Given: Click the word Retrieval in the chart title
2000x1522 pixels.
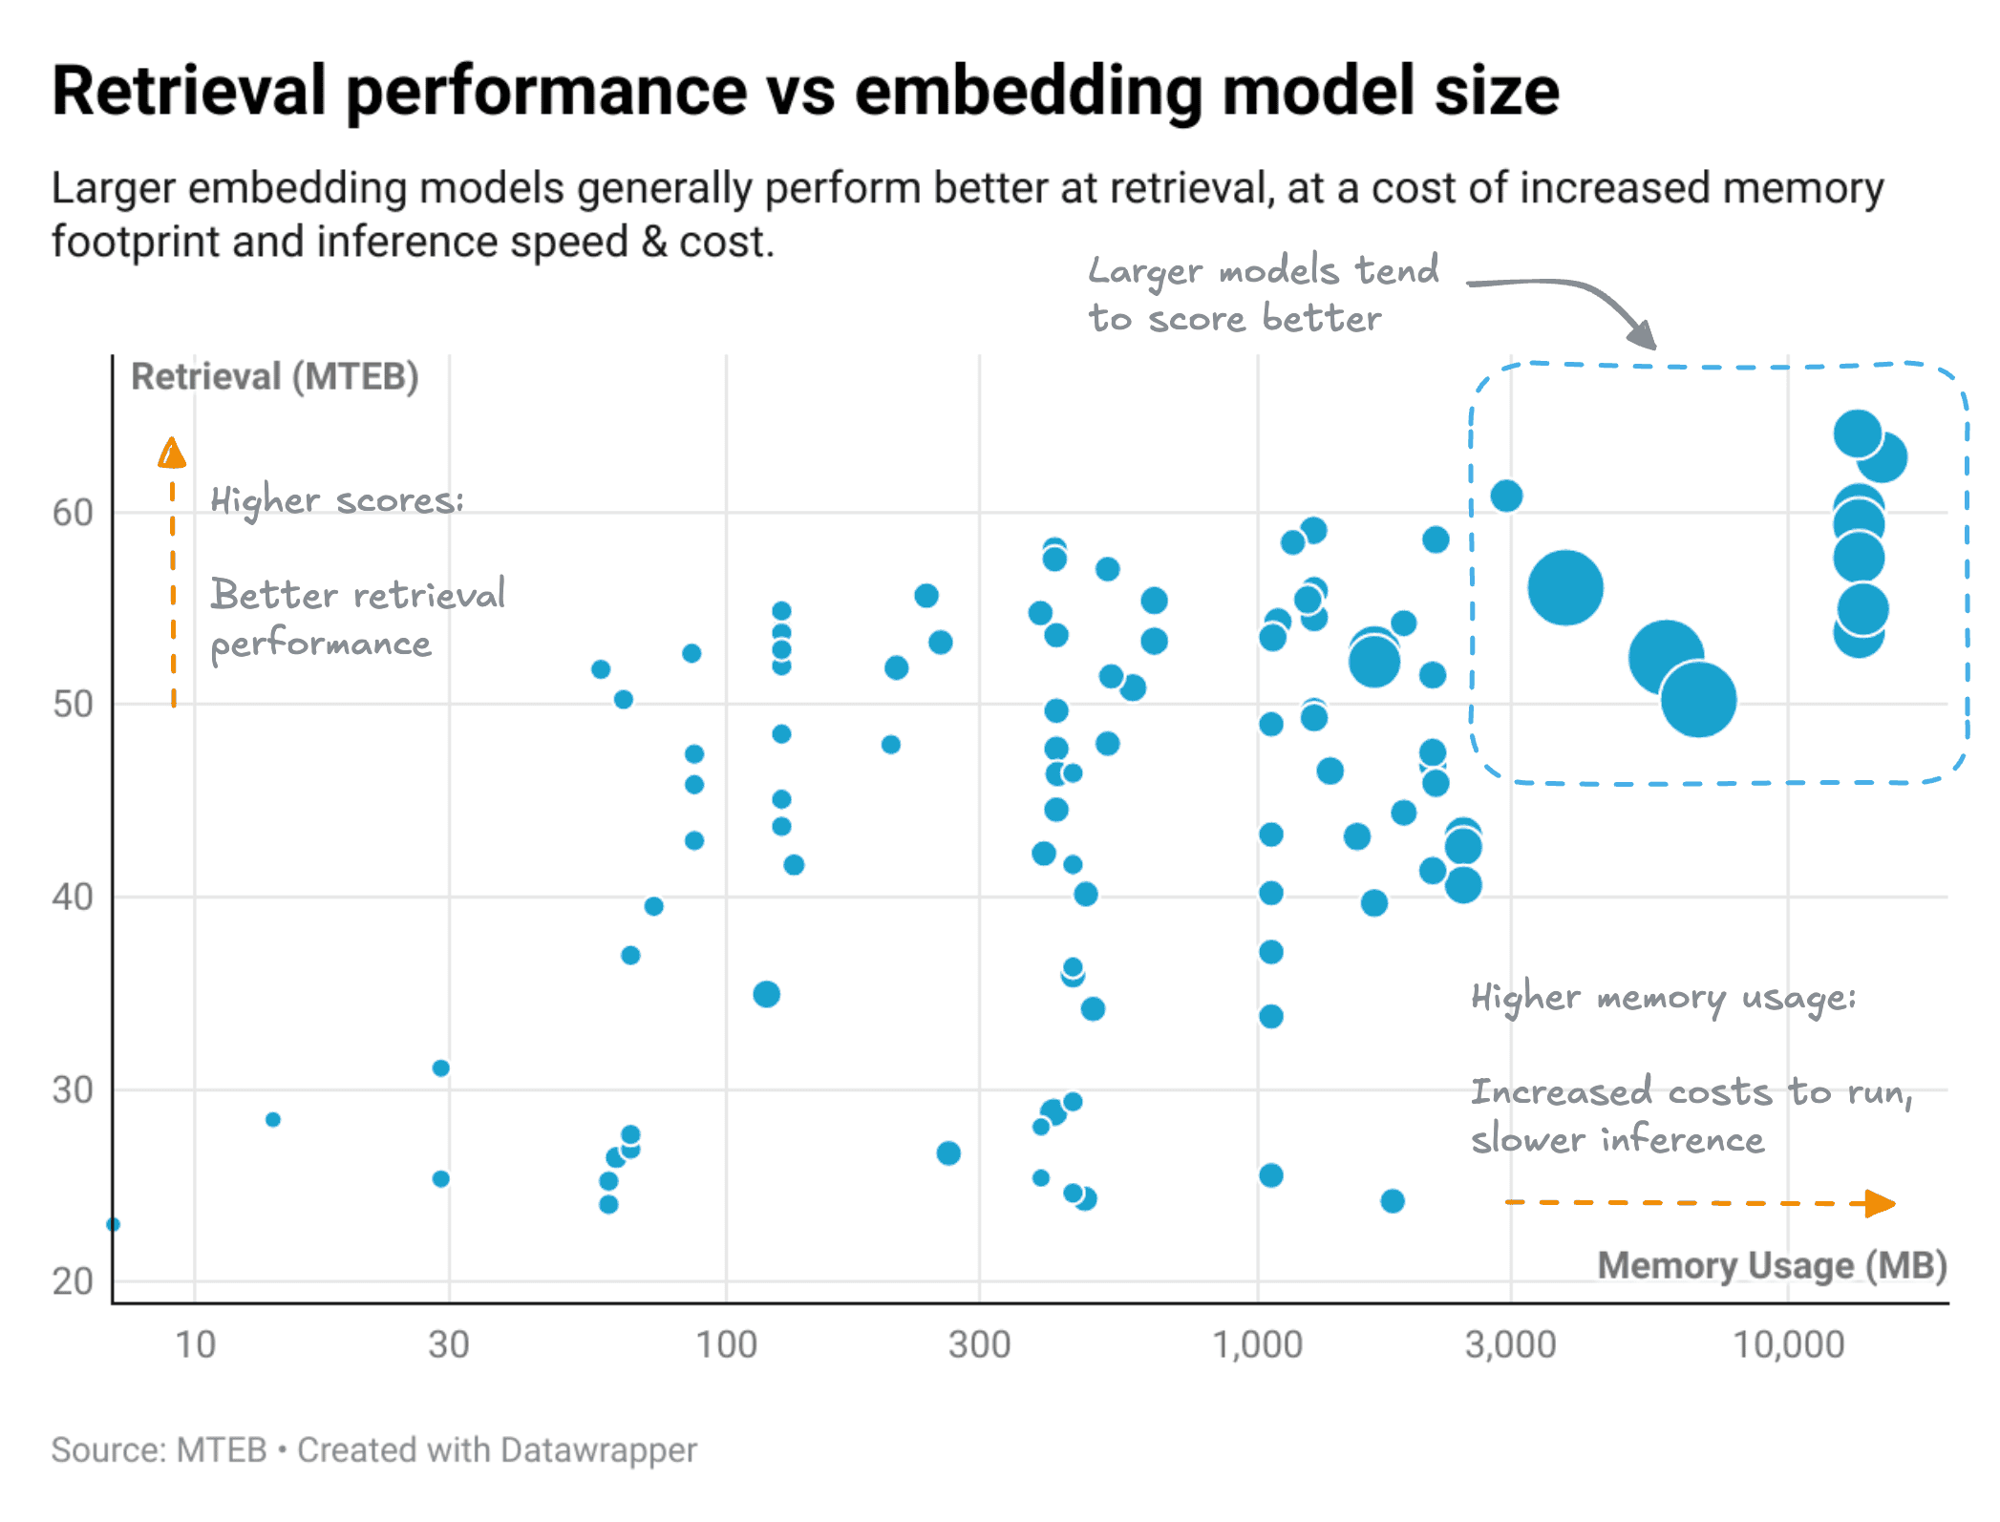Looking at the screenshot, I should pyautogui.click(x=189, y=92).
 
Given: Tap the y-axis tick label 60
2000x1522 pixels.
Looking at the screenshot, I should pyautogui.click(x=73, y=513).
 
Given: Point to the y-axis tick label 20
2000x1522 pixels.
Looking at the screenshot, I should pyautogui.click(x=73, y=1281).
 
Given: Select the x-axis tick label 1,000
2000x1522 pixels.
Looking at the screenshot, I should pyautogui.click(x=1257, y=1344).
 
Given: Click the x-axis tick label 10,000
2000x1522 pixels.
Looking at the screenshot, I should pyautogui.click(x=1788, y=1344).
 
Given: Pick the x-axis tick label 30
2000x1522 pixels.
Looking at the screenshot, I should pyautogui.click(x=448, y=1344).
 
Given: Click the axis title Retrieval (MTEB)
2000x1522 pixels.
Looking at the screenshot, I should pyautogui.click(x=275, y=377).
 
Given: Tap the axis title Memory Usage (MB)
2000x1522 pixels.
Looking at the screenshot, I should pyautogui.click(x=1772, y=1266).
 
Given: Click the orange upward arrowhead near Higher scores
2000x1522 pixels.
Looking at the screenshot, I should pyautogui.click(x=172, y=453).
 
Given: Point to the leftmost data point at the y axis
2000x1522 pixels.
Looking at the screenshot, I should pyautogui.click(x=114, y=1224).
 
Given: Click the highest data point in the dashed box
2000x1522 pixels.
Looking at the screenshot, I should pyautogui.click(x=1858, y=433).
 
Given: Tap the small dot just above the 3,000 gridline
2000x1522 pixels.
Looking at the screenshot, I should pyautogui.click(x=1506, y=496).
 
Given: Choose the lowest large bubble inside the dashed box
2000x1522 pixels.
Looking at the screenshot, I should pyautogui.click(x=1698, y=700).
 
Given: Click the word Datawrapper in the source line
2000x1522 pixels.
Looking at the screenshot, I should pyautogui.click(x=598, y=1450).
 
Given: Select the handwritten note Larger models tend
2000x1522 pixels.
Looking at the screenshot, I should pyautogui.click(x=1264, y=271).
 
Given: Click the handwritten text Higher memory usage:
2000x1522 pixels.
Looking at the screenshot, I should pyautogui.click(x=1663, y=998).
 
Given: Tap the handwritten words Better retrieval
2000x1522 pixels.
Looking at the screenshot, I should pyautogui.click(x=358, y=595).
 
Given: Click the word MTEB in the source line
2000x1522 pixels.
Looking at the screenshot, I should pyautogui.click(x=222, y=1450).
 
